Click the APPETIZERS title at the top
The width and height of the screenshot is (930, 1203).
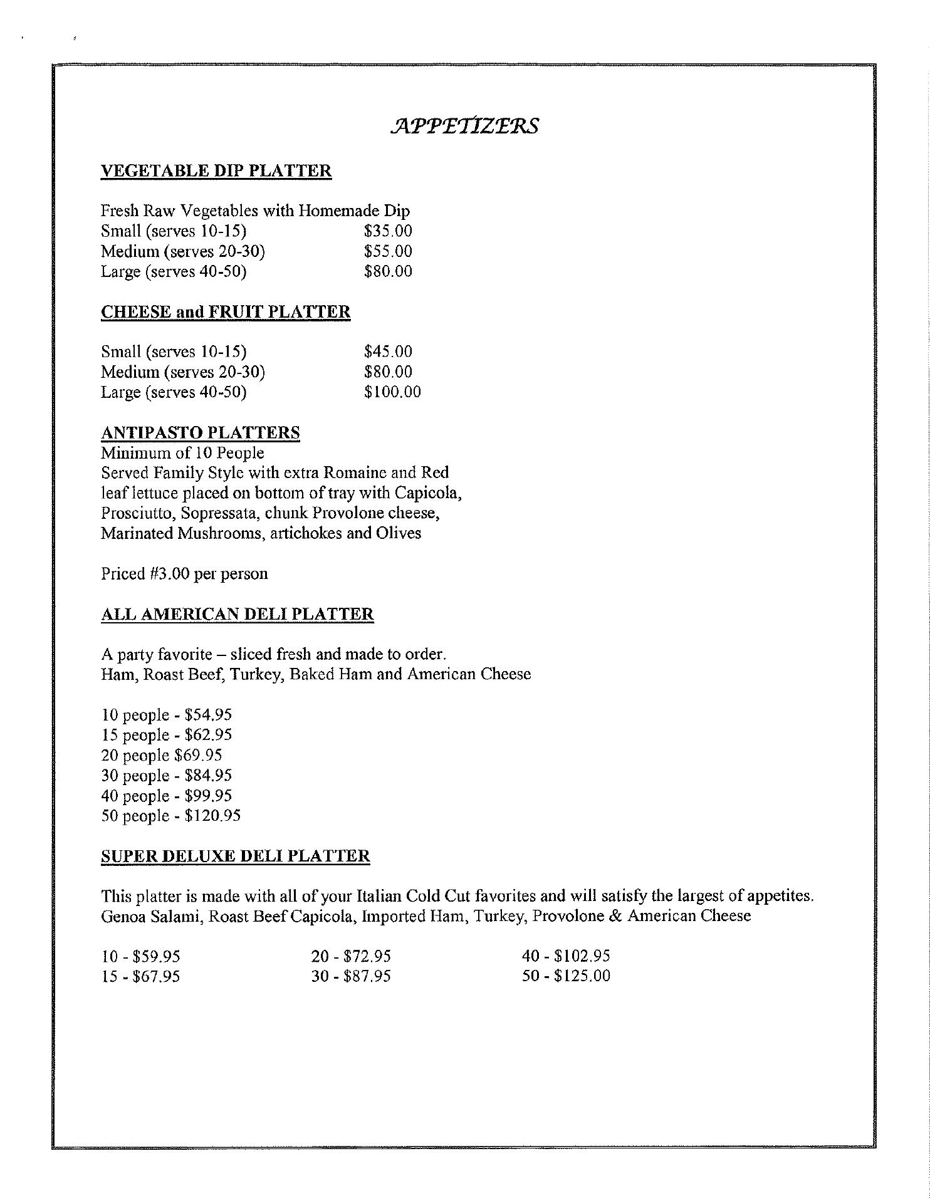pyautogui.click(x=464, y=125)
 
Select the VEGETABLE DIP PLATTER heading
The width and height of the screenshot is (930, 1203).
pyautogui.click(x=216, y=171)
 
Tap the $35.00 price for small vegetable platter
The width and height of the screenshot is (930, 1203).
pyautogui.click(x=388, y=231)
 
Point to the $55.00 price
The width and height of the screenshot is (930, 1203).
pyautogui.click(x=388, y=251)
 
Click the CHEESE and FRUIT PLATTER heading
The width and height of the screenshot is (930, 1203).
pyautogui.click(x=226, y=312)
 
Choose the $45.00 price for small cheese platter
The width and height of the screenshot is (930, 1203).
pyautogui.click(x=388, y=352)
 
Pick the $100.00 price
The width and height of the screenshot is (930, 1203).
pyautogui.click(x=392, y=392)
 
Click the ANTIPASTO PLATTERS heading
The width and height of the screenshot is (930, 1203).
pyautogui.click(x=201, y=433)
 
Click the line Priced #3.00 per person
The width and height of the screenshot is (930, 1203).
pyautogui.click(x=184, y=574)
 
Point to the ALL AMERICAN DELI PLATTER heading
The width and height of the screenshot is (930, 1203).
pyautogui.click(x=238, y=614)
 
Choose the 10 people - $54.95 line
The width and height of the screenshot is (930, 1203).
pyautogui.click(x=167, y=715)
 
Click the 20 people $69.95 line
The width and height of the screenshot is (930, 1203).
pyautogui.click(x=162, y=756)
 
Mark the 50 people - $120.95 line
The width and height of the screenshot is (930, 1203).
pyautogui.click(x=171, y=816)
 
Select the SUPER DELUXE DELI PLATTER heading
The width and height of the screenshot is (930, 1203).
pyautogui.click(x=236, y=856)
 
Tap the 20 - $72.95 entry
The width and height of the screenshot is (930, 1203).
pyautogui.click(x=351, y=956)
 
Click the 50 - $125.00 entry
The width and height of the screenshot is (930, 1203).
pyautogui.click(x=566, y=976)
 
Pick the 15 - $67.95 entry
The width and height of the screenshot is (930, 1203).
pyautogui.click(x=141, y=976)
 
